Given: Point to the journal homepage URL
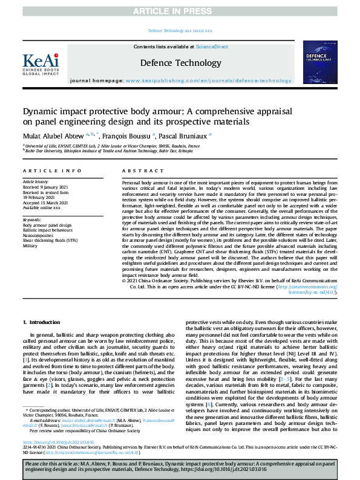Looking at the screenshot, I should [224, 80].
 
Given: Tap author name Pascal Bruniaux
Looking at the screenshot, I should [185, 136].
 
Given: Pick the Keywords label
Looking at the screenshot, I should [33, 220].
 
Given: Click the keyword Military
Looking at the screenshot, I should [30, 246].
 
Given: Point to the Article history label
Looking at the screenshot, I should [37, 182].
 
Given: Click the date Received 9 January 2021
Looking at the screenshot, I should [45, 187].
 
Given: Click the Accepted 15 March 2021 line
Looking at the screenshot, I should [46, 203].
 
